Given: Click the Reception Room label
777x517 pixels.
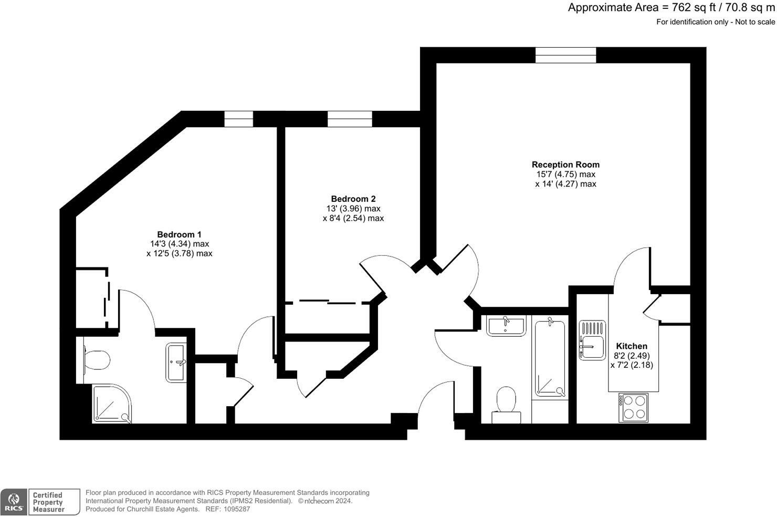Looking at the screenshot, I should coord(565,164).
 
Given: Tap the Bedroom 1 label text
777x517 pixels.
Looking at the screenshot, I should coord(179,234).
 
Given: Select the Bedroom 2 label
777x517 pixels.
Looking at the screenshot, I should coord(353,199).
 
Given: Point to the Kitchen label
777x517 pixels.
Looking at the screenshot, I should coord(631,346).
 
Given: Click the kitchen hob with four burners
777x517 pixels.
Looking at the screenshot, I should coord(633,407).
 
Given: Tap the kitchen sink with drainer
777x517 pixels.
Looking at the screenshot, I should coord(592,340).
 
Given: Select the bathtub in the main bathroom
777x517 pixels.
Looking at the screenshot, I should coord(550,358).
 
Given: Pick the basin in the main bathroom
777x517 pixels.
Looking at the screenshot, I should coord(505,326).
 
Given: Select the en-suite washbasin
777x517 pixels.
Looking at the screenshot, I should coord(176,362).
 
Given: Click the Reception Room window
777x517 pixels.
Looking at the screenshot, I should coord(565,55).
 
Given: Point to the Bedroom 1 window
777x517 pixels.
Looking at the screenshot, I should coord(239,119).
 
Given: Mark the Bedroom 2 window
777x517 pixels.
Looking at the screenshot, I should coord(350,119).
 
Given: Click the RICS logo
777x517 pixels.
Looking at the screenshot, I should coord(14,502).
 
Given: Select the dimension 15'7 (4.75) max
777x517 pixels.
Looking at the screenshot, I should coord(565,174).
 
